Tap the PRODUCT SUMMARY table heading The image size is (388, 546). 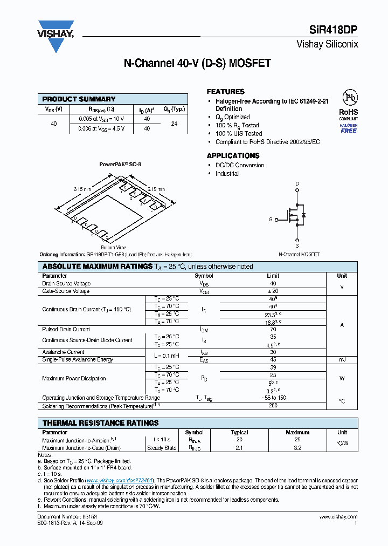[x=79, y=99]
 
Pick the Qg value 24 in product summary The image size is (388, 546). [x=174, y=124]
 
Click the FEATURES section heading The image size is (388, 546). [x=225, y=92]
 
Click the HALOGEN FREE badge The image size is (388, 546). [x=349, y=128]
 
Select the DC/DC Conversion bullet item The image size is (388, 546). [x=240, y=165]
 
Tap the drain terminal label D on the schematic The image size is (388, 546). [x=297, y=184]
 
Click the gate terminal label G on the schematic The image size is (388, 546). [x=271, y=220]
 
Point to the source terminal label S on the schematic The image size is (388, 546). [x=297, y=246]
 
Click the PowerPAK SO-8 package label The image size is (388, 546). [x=120, y=163]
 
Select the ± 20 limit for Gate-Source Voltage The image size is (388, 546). [x=273, y=291]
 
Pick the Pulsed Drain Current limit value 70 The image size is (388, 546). [x=273, y=329]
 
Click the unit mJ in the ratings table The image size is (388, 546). [x=342, y=359]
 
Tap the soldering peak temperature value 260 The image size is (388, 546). [x=273, y=406]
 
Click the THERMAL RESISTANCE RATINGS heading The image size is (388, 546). [x=100, y=423]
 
